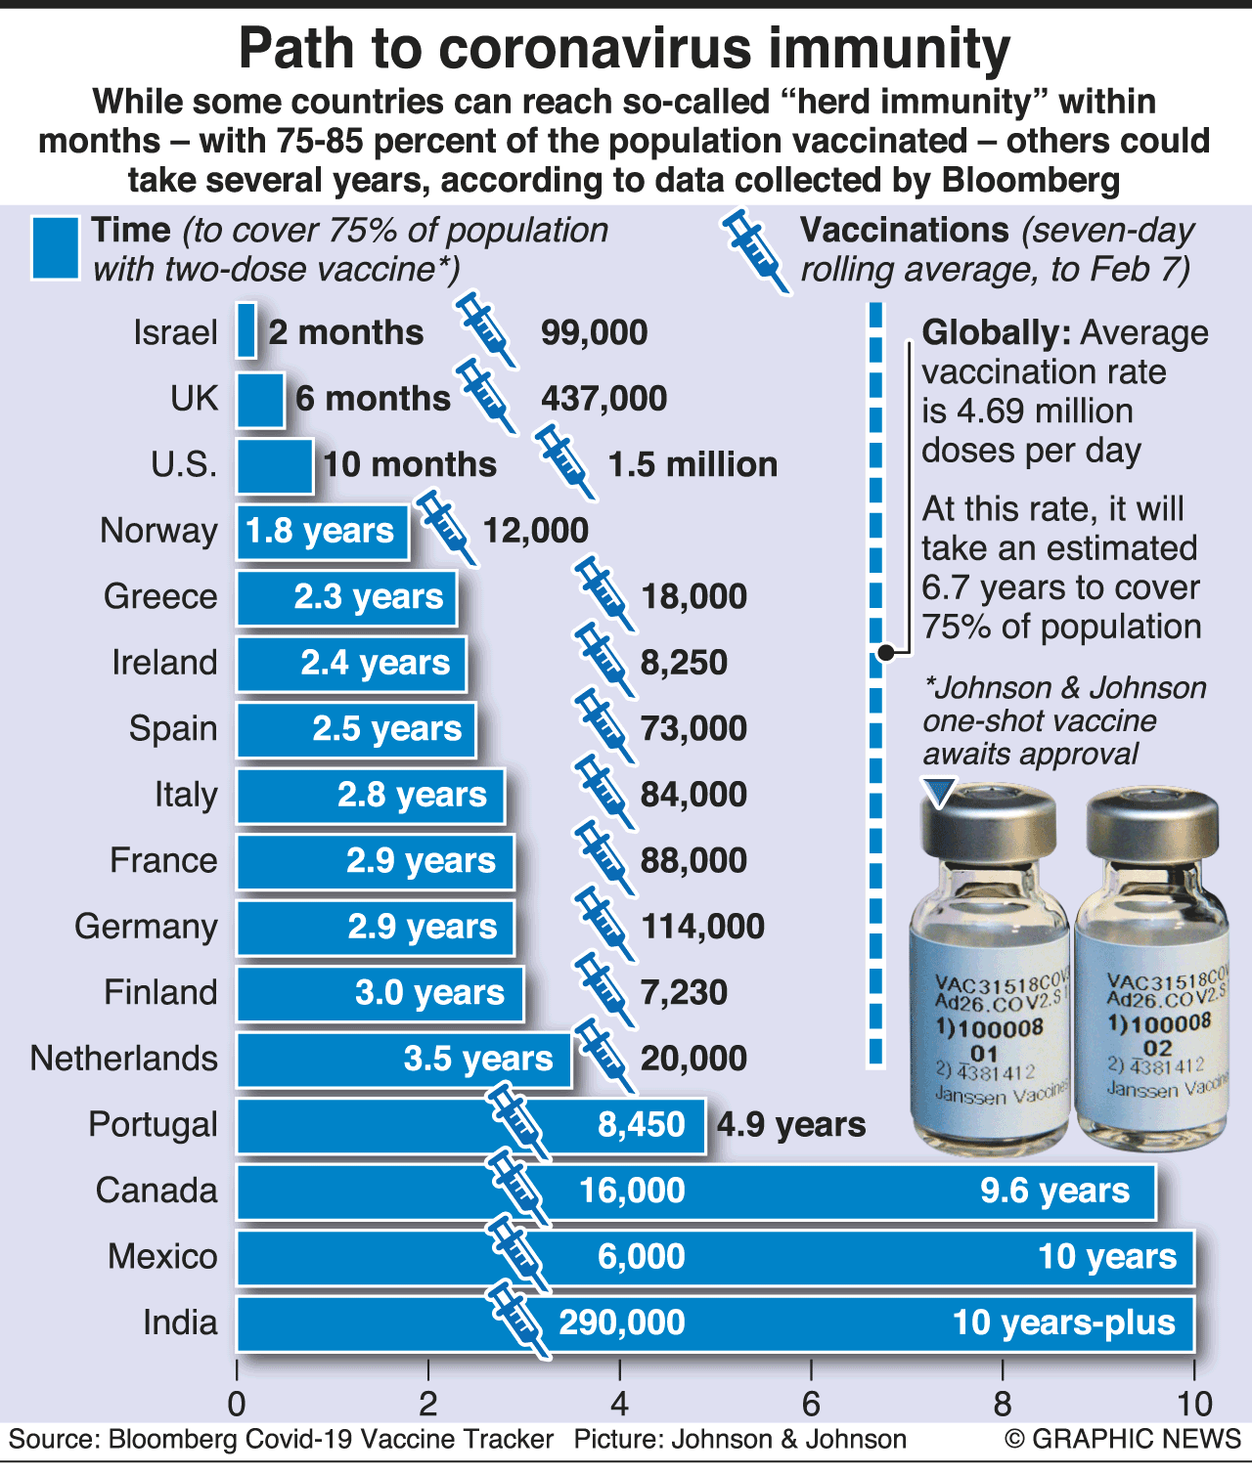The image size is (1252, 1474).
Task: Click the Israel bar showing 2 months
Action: (x=246, y=331)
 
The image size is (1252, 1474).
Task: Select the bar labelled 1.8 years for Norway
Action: (x=322, y=532)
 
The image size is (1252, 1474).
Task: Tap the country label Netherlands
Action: (x=124, y=1059)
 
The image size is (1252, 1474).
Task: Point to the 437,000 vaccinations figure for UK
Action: (x=604, y=399)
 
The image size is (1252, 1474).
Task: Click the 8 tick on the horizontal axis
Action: (x=1003, y=1405)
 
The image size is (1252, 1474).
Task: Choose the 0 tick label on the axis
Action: (x=237, y=1405)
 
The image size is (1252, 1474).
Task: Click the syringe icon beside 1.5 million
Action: (x=564, y=459)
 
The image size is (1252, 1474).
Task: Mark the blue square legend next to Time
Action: (x=55, y=248)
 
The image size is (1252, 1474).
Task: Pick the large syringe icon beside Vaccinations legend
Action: (x=755, y=250)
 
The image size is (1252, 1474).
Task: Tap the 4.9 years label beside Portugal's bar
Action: (x=791, y=1125)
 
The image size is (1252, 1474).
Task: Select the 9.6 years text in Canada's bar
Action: (x=1054, y=1192)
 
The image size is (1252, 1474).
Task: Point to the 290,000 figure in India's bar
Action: (x=622, y=1322)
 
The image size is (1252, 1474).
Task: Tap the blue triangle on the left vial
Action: (x=941, y=793)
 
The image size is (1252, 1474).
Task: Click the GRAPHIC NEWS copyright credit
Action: (x=1122, y=1439)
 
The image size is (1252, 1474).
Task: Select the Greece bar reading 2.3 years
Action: (x=346, y=597)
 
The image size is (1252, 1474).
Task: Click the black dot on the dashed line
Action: (x=884, y=652)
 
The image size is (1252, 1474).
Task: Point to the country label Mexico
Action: (x=162, y=1257)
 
